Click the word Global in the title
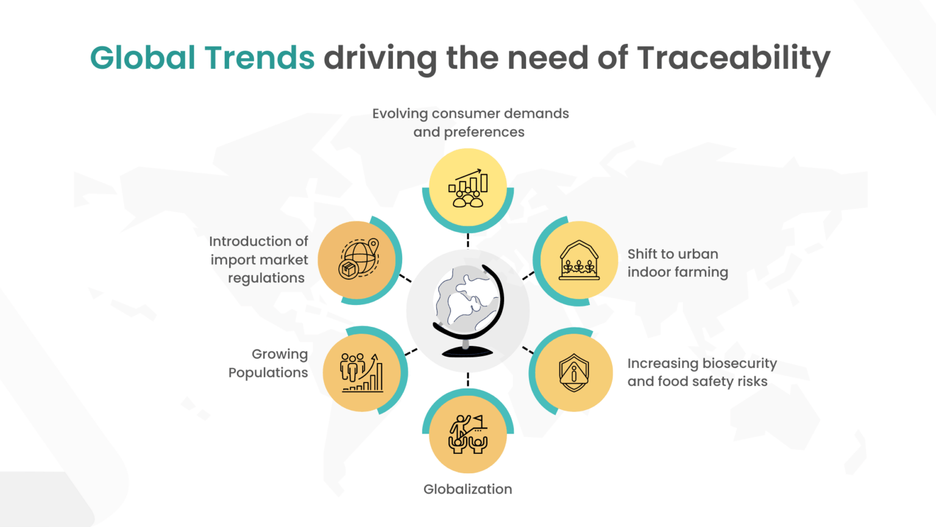pos(143,58)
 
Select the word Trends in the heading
pos(260,58)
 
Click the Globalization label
pos(467,489)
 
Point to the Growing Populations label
pos(268,364)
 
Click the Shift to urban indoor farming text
pos(678,263)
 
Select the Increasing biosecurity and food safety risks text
pos(702,372)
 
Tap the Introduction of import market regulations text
pos(259,260)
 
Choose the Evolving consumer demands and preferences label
pos(470,123)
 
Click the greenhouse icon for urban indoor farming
pos(579,260)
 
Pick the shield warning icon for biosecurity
pos(574,372)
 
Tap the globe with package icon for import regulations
pos(358,259)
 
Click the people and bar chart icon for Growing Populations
pos(362,373)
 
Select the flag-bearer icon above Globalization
pos(468,434)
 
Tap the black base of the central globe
pos(467,351)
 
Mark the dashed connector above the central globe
pos(468,240)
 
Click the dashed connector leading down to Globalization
pos(468,379)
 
